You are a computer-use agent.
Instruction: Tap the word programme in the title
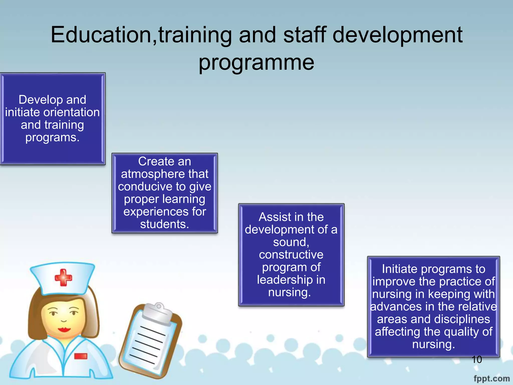[256, 63]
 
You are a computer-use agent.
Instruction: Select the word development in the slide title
[398, 35]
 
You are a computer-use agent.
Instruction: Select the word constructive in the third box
[291, 255]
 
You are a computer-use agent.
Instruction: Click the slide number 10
[476, 360]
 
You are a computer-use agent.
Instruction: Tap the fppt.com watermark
[491, 378]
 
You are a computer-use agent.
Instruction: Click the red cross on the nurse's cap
[63, 277]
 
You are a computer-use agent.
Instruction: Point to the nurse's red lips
[64, 329]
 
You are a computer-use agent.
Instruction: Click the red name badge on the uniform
[81, 356]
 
